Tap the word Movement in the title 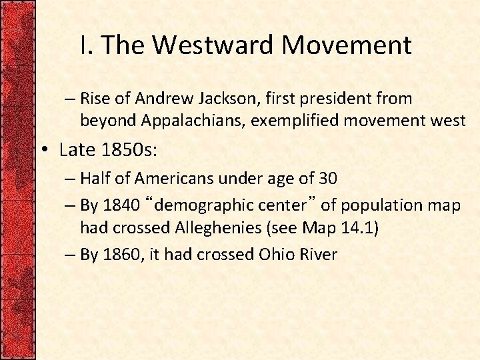coord(347,45)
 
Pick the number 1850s coord(127,150)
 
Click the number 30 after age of coord(327,178)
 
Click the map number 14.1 coord(357,228)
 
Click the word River coord(321,254)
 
